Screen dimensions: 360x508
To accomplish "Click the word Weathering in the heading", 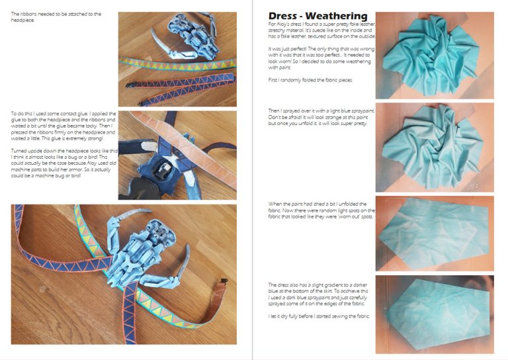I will click(x=336, y=16).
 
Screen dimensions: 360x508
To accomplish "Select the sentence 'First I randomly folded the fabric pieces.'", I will click(x=302, y=79).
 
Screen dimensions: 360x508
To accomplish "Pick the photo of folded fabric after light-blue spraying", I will click(x=435, y=146).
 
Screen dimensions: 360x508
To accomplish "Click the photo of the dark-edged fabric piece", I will click(x=435, y=314).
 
